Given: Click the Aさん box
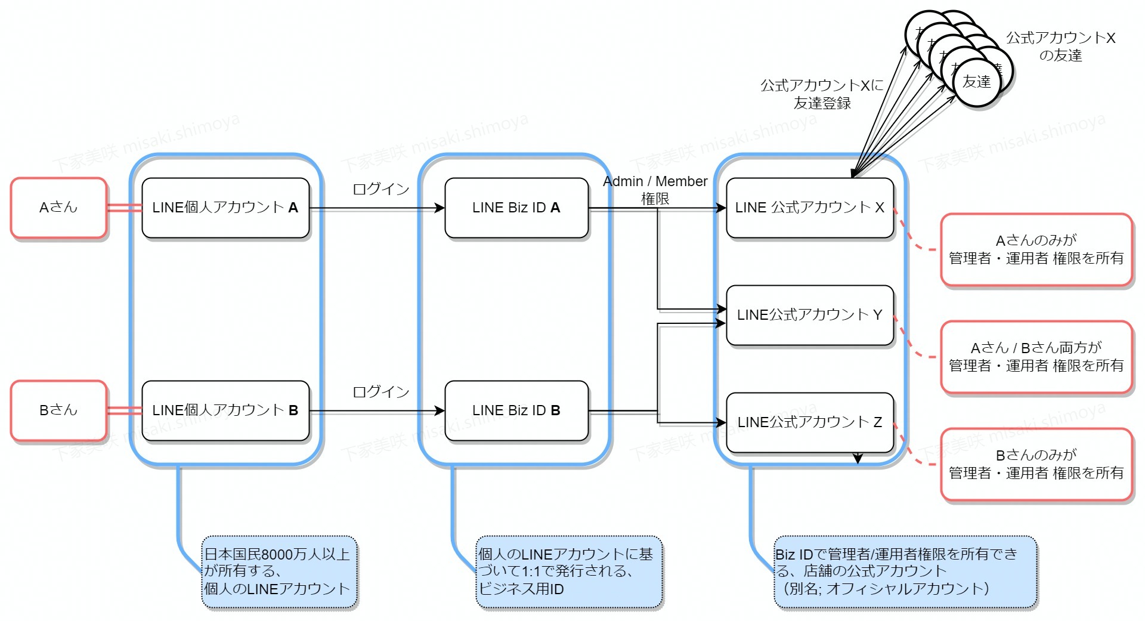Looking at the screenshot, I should (x=58, y=208).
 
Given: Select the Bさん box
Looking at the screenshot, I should (x=58, y=410).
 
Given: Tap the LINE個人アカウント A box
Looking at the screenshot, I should (x=225, y=208).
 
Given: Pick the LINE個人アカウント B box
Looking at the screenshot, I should (x=225, y=410).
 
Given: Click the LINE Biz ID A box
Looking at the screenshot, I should (x=516, y=208).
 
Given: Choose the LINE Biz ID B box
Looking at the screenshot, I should (x=516, y=410).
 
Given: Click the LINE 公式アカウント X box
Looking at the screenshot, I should (x=809, y=208).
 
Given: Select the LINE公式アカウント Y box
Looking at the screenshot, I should (x=809, y=315).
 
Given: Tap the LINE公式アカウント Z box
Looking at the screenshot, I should (x=809, y=422).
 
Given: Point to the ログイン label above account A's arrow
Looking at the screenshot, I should (x=381, y=189).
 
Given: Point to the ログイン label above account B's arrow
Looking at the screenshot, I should (x=381, y=392).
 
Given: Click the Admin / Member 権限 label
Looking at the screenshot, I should (x=655, y=190).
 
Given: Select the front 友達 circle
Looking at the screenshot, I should (x=977, y=82).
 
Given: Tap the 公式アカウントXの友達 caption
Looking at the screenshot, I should (x=1060, y=47).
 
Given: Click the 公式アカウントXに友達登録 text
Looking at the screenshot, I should (x=822, y=94).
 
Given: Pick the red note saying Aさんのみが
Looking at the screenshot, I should (x=1036, y=249).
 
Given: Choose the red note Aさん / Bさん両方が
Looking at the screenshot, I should (x=1036, y=357).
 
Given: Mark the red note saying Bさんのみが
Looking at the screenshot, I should (x=1036, y=464).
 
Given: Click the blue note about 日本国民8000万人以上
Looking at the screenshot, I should (x=279, y=571).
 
